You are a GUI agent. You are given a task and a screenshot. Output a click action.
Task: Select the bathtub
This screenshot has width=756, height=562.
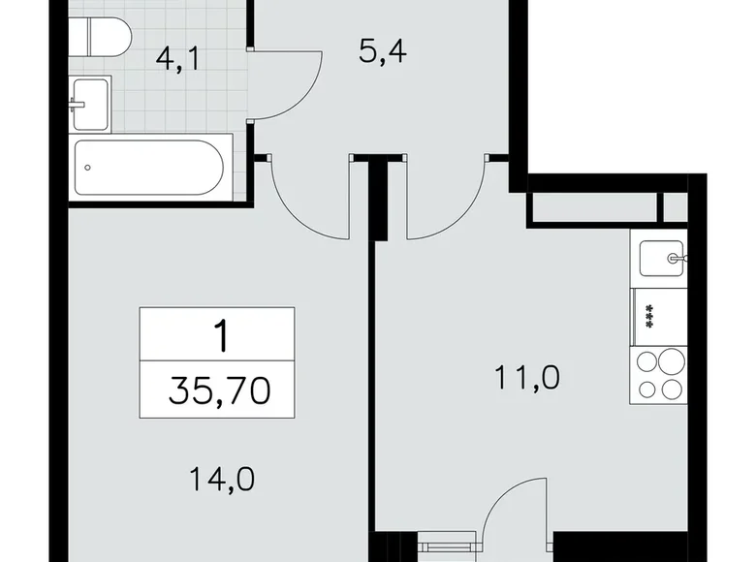click(149, 167)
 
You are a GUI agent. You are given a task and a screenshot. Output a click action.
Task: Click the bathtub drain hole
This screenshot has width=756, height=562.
click(89, 167)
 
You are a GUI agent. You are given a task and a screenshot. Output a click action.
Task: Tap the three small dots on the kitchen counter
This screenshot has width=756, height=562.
click(644, 316)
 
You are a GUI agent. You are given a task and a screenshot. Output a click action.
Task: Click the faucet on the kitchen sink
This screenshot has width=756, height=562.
click(677, 258)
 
